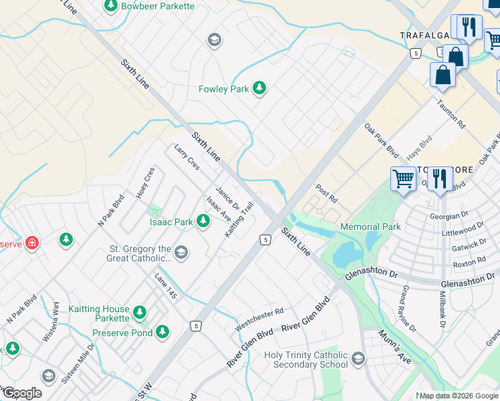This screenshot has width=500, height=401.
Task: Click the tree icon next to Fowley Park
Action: click(x=259, y=88)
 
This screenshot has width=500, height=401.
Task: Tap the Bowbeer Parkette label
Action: click(x=158, y=6)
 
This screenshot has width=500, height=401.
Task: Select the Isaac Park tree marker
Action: click(x=203, y=222)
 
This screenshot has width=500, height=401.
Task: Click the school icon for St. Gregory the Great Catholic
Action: click(x=182, y=253)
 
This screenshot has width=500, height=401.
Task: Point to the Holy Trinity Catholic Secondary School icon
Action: click(x=358, y=360)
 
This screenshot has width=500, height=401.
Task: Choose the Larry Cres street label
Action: click(x=186, y=157)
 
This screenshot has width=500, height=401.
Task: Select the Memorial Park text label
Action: click(x=370, y=227)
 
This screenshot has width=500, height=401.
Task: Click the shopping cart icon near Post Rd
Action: click(x=403, y=179)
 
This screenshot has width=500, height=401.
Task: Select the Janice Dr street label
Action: click(x=227, y=196)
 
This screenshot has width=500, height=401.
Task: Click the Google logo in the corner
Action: click(x=22, y=393)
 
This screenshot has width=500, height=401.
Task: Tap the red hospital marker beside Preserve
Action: click(x=31, y=243)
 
